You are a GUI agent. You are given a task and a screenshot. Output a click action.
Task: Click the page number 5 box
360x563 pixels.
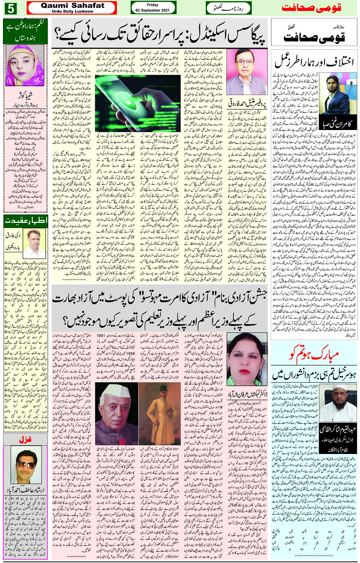[10, 8]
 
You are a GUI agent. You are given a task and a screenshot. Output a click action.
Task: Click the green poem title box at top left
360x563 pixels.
[25, 32]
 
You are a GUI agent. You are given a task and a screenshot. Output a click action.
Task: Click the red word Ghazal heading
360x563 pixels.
[25, 439]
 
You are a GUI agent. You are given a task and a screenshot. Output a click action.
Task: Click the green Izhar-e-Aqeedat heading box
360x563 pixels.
[25, 220]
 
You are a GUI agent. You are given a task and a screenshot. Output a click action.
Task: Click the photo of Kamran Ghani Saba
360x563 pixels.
[334, 94]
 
